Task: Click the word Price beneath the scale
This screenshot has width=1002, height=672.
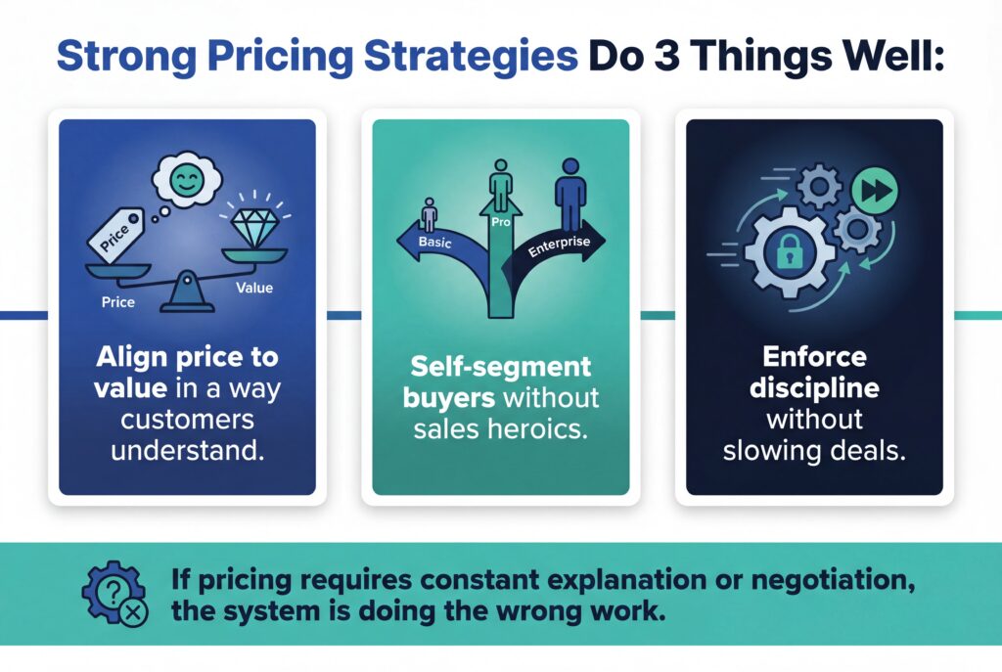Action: click(117, 303)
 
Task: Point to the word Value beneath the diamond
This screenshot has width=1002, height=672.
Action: click(254, 288)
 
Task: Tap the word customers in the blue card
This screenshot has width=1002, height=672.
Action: click(188, 421)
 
